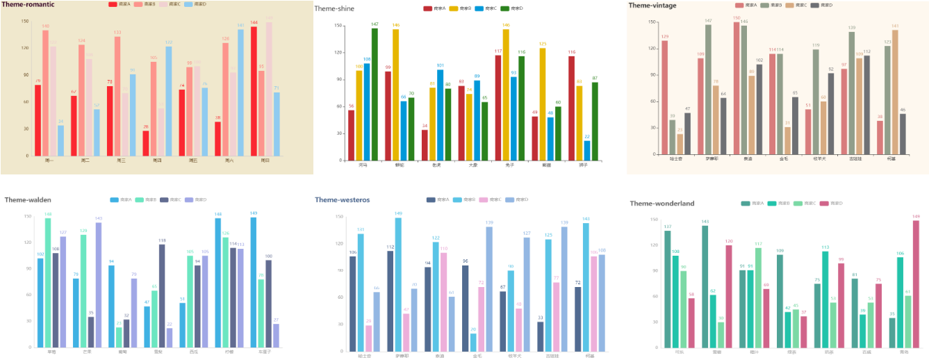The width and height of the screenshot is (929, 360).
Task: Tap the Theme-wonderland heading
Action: point(661,204)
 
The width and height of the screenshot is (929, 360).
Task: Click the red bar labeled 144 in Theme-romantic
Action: point(254,91)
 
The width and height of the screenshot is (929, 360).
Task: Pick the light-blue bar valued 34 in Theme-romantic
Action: point(60,140)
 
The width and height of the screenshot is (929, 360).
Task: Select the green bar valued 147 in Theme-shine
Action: point(375,95)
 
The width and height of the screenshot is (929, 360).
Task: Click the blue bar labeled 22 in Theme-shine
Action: point(587,151)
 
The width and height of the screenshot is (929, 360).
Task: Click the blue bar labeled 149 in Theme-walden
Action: point(254,282)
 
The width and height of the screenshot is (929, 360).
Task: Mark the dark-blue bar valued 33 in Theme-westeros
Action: point(541,337)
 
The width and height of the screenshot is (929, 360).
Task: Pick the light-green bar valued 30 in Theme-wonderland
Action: point(721,334)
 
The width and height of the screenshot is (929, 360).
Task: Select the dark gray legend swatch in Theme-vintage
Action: point(814,5)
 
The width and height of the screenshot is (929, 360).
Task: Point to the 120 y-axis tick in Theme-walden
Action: point(28,242)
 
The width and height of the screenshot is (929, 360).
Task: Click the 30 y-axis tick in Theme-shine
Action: point(338,133)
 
